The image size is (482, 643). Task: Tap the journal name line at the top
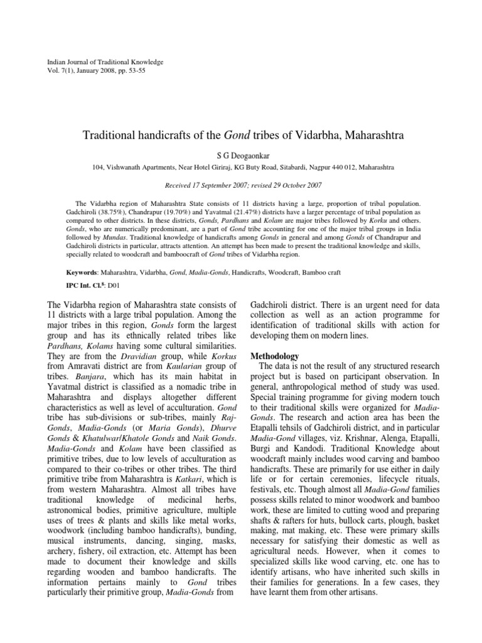pos(105,62)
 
